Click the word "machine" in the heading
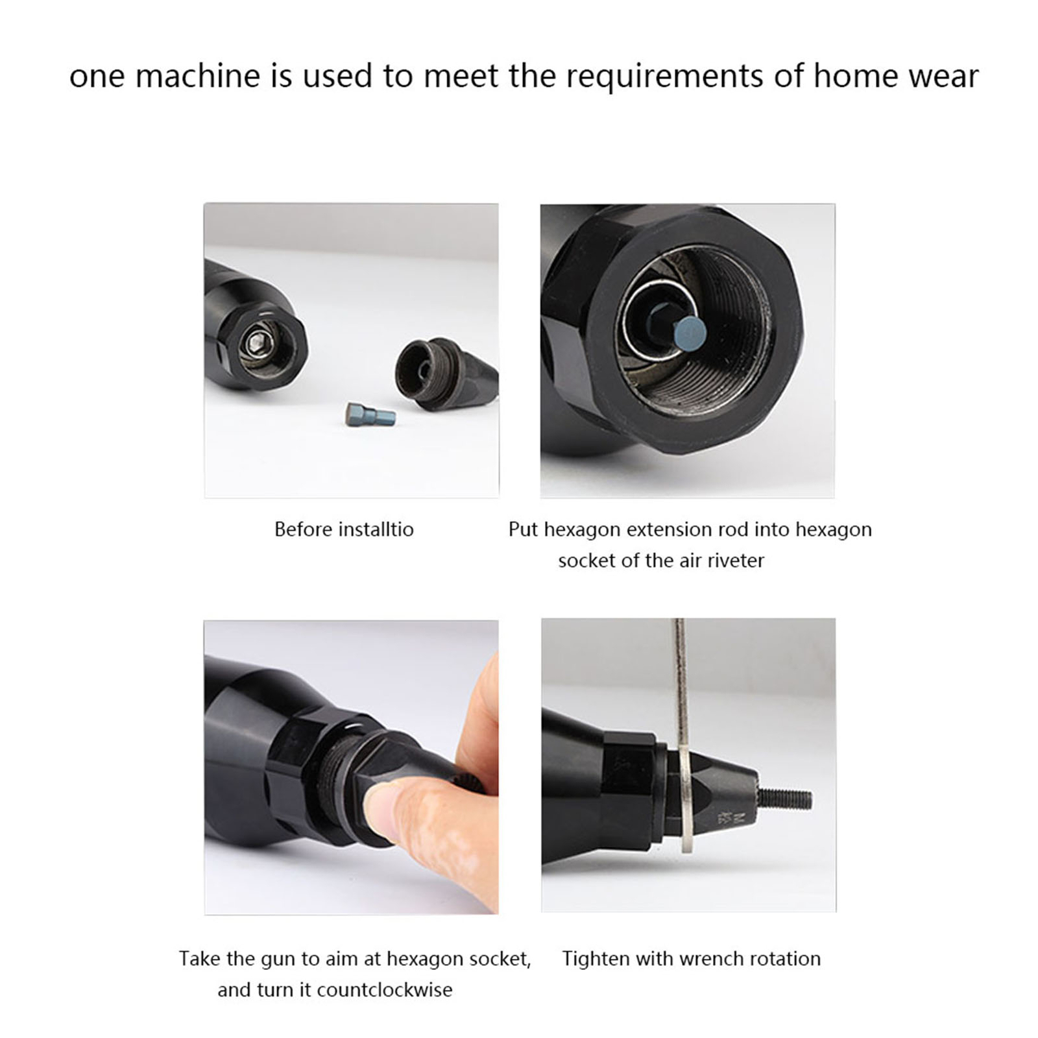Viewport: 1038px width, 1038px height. [198, 76]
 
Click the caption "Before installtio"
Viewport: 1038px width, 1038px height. [344, 529]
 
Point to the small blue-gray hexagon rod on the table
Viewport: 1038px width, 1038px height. [370, 414]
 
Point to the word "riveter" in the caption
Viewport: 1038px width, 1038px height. [736, 560]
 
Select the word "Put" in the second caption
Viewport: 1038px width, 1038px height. [524, 529]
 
